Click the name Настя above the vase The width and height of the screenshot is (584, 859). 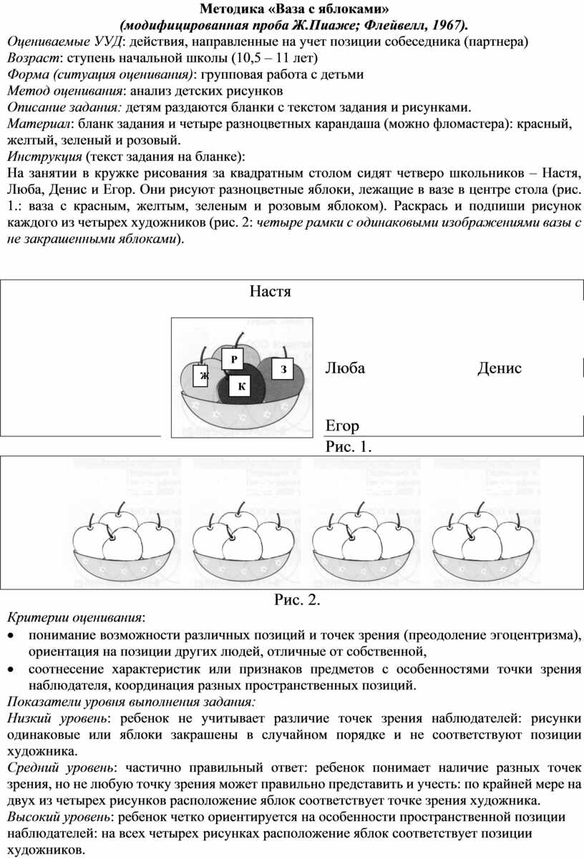coord(270,291)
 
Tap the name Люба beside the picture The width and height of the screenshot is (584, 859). coord(345,368)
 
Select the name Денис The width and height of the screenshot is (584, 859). coord(500,368)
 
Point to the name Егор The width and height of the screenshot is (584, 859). coord(342,426)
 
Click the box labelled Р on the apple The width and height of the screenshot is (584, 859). coord(233,359)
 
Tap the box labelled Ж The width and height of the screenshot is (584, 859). coord(203,375)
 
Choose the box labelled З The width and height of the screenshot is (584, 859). coord(283,368)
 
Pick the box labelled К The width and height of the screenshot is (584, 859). coord(240,386)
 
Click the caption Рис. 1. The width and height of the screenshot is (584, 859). coord(349,447)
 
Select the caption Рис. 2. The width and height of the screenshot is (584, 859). coord(297,600)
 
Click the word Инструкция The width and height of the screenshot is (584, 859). coord(44,157)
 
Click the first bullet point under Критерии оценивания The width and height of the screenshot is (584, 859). coord(12,636)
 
